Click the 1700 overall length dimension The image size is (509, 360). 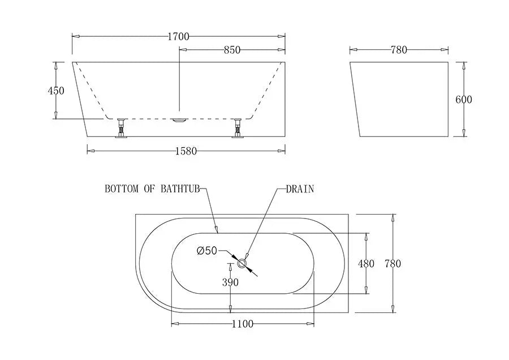coord(178,37)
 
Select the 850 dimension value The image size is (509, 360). coord(231,50)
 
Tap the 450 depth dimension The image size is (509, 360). coord(57,91)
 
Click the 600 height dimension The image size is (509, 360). coord(464,100)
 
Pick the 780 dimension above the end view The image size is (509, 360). coord(399,50)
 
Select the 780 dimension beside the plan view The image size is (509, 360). coord(392,264)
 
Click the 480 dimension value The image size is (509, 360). coord(366,264)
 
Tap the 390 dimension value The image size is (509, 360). coord(230,282)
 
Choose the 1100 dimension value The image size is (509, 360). coord(242,324)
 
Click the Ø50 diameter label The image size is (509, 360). coord(207,251)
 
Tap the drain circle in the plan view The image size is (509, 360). coord(243,262)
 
